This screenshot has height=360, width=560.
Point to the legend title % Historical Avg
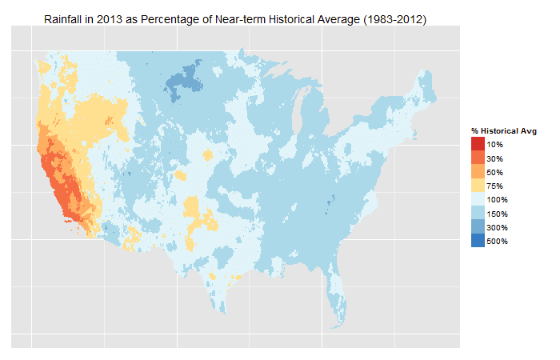[x=503, y=130]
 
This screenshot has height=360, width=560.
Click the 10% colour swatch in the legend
[x=478, y=144]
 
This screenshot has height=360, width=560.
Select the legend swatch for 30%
[x=478, y=158]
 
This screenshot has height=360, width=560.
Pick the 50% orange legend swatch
[x=478, y=172]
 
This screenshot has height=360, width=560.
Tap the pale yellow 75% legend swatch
[x=478, y=186]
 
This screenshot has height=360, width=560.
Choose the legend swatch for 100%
[x=478, y=199]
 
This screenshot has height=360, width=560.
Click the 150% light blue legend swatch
[x=478, y=214]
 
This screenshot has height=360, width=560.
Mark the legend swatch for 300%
[x=478, y=227]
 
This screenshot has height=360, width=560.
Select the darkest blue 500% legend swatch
[x=478, y=241]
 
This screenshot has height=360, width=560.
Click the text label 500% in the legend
[x=497, y=241]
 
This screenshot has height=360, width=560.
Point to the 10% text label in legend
[x=494, y=144]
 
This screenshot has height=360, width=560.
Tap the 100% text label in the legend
[x=497, y=199]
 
